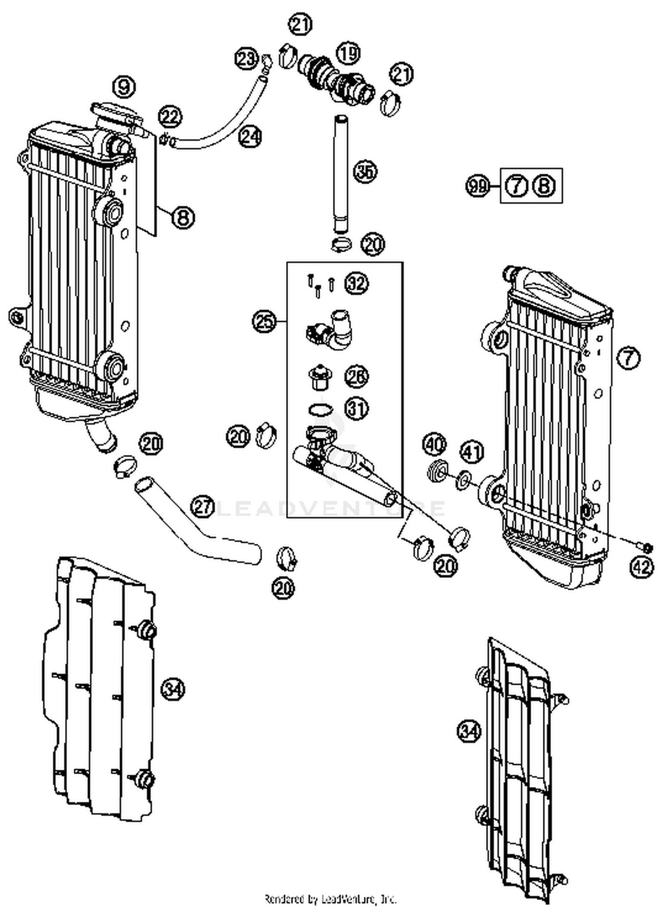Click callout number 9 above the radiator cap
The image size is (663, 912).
coord(124,87)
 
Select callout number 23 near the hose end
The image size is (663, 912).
coord(246,59)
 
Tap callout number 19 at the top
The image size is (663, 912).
coord(348,53)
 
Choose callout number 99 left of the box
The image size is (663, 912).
coord(478,186)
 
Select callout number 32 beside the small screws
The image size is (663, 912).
coord(357,283)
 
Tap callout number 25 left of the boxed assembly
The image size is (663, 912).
coord(264,321)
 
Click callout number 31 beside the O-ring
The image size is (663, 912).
coord(357,409)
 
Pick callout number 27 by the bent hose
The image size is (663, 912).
coord(203,506)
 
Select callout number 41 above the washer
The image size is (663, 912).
coord(472,452)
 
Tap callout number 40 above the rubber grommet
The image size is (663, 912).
coord(434,444)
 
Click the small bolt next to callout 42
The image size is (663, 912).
coord(647,548)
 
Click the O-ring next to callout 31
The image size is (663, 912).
coord(320,410)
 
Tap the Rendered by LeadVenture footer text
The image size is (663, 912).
coord(331,898)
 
